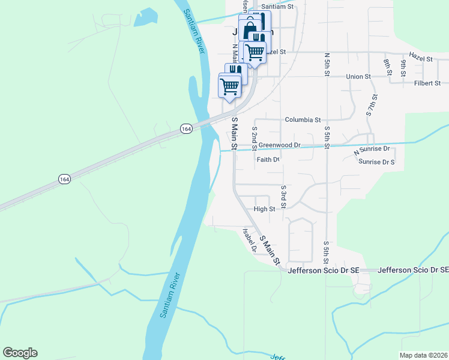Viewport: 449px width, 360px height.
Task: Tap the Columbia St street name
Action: pos(303,120)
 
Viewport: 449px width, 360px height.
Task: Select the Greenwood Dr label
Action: pos(280,145)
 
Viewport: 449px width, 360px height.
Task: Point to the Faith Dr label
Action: pos(268,160)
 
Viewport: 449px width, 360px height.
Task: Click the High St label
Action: pos(264,209)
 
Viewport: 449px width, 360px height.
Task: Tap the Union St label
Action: pos(358,77)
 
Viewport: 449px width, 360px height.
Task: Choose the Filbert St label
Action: pos(427,83)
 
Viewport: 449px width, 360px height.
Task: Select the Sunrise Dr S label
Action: pos(376,162)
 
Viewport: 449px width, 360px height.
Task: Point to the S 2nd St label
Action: pos(255,138)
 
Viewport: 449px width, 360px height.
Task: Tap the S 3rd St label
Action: pos(283,197)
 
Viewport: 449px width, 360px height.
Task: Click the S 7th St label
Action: pos(372,105)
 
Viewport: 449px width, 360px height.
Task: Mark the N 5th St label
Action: pos(327,64)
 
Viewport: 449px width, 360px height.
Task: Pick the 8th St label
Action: pos(387,62)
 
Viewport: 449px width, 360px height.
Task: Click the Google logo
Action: pos(20,353)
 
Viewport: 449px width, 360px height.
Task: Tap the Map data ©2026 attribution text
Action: pos(423,355)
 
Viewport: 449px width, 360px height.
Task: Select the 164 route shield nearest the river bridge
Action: pos(185,128)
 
